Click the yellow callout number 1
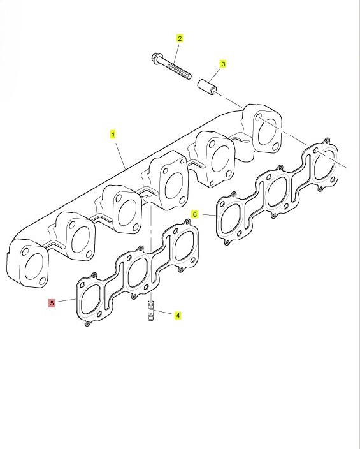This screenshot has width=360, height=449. point(113,135)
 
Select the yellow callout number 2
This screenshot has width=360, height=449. point(180,38)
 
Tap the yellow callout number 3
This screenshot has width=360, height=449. point(223,64)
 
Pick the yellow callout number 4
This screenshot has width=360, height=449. point(178,316)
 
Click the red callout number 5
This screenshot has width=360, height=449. point(52,303)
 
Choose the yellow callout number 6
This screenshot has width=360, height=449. point(194,214)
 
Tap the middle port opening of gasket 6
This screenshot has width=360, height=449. point(277,191)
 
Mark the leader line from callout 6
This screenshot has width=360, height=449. point(208,214)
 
